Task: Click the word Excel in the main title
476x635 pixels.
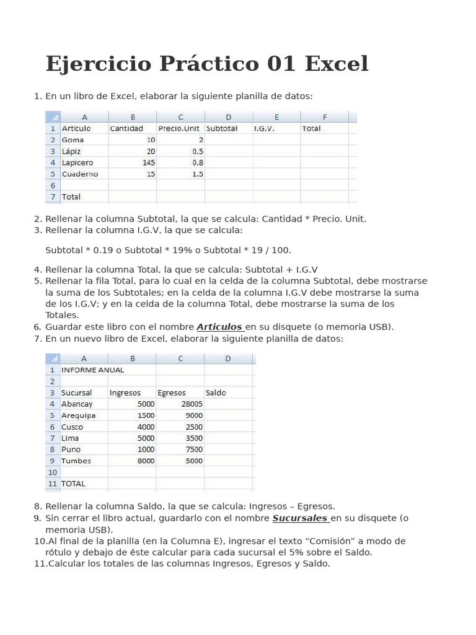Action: (x=337, y=63)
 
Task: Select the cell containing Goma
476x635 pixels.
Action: (x=73, y=140)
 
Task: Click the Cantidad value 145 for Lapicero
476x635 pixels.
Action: (x=148, y=162)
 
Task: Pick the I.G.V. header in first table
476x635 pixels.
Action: (x=264, y=128)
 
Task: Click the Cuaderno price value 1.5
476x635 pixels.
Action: (x=198, y=174)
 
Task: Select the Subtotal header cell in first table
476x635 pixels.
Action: (x=221, y=128)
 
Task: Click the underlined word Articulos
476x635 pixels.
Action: (x=219, y=327)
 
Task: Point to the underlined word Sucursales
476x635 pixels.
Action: (x=300, y=518)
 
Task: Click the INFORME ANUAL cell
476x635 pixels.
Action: (x=92, y=370)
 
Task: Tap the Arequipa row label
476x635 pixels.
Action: (x=78, y=415)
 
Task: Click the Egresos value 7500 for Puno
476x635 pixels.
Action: (x=194, y=450)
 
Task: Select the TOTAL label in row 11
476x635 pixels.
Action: (x=73, y=484)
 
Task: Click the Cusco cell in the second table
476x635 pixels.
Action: (x=72, y=427)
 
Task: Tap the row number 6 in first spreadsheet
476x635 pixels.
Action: (x=53, y=185)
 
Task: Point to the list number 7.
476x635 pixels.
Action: (x=37, y=339)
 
